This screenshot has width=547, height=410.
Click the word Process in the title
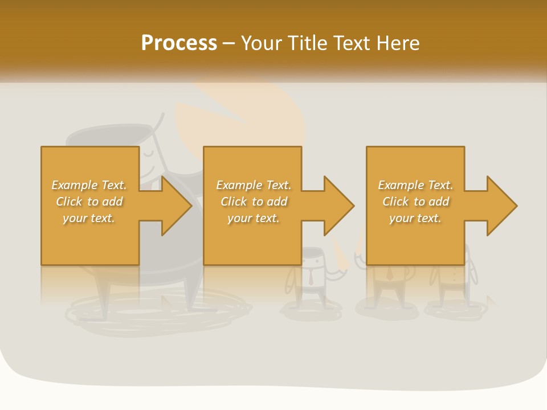click(179, 43)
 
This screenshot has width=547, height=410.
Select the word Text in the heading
click(353, 43)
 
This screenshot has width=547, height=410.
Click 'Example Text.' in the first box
click(89, 185)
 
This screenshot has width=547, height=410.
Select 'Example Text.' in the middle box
click(253, 185)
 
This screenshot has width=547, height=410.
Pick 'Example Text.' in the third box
click(415, 185)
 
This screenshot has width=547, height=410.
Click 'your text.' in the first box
click(89, 218)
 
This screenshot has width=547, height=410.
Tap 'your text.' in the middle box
click(253, 218)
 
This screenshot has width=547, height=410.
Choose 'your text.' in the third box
click(415, 218)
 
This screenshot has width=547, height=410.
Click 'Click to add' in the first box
click(89, 202)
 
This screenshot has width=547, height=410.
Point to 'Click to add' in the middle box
click(253, 202)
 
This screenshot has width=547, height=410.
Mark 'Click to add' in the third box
click(415, 202)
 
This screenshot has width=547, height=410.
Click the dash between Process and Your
click(229, 44)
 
